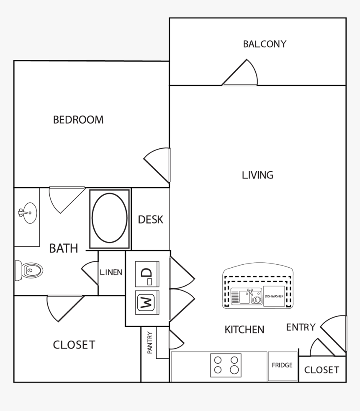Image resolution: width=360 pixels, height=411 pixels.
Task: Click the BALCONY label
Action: [265, 44]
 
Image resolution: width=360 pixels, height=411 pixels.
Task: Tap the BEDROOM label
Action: [78, 120]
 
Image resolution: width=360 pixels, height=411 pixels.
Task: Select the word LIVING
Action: [257, 175]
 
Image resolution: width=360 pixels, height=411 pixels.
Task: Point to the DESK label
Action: [151, 220]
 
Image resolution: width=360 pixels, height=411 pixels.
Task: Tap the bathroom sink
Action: [27, 213]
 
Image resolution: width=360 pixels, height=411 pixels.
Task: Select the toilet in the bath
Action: [30, 270]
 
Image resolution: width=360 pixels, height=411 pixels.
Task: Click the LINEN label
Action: [111, 272]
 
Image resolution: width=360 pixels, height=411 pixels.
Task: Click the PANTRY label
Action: [149, 343]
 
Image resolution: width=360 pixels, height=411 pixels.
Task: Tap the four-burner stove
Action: [226, 364]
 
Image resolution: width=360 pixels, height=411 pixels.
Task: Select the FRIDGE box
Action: [282, 366]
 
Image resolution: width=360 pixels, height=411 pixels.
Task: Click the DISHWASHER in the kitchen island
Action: [274, 296]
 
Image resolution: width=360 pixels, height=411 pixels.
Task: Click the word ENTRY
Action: [301, 328]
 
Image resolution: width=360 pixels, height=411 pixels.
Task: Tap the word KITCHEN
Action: [244, 330]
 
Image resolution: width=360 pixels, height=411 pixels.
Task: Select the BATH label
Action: [64, 248]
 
